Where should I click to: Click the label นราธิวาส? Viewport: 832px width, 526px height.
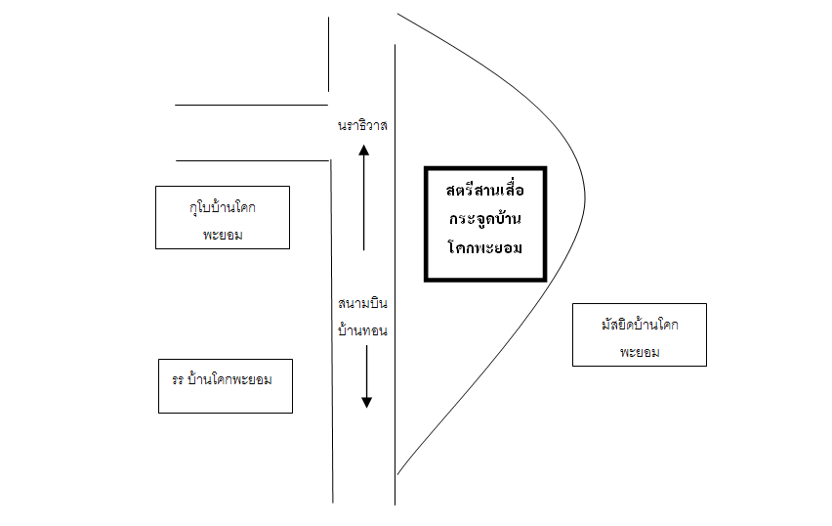[x=363, y=126]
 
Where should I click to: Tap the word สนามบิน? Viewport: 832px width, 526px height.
[x=363, y=304]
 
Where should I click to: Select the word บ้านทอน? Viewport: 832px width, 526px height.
[x=363, y=330]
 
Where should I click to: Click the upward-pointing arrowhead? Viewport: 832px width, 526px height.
[x=363, y=151]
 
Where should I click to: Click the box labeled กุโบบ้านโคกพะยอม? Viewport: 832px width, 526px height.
[x=223, y=217]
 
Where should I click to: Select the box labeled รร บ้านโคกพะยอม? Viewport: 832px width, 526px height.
[x=225, y=386]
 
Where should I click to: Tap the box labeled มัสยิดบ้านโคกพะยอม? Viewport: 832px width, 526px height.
[x=639, y=334]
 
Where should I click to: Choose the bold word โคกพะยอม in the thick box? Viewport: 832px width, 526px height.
[x=484, y=247]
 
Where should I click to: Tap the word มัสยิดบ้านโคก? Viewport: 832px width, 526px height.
[x=640, y=323]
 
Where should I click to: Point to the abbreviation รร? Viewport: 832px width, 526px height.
[x=177, y=377]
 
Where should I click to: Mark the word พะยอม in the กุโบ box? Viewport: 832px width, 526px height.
[x=224, y=236]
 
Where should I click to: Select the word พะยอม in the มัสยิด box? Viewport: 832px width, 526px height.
[x=640, y=352]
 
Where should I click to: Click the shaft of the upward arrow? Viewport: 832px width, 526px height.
[x=363, y=205]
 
